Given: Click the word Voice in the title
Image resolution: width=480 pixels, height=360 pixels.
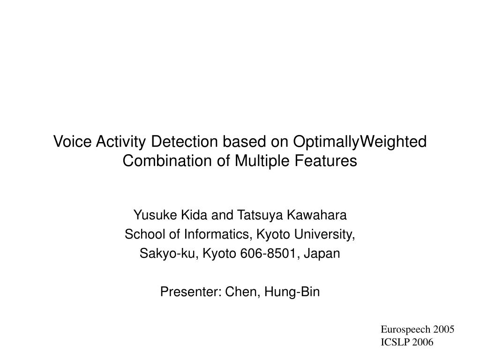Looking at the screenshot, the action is (72, 142).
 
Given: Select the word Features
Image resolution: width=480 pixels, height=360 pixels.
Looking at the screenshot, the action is (326, 161).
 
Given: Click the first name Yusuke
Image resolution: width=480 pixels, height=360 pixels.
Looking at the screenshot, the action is (155, 215).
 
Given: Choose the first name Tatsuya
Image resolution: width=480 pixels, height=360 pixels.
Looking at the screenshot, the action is (260, 216).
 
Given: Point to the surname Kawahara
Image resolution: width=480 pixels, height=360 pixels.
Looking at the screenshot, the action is (317, 215).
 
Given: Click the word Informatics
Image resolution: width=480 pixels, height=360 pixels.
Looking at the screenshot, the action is (217, 235).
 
